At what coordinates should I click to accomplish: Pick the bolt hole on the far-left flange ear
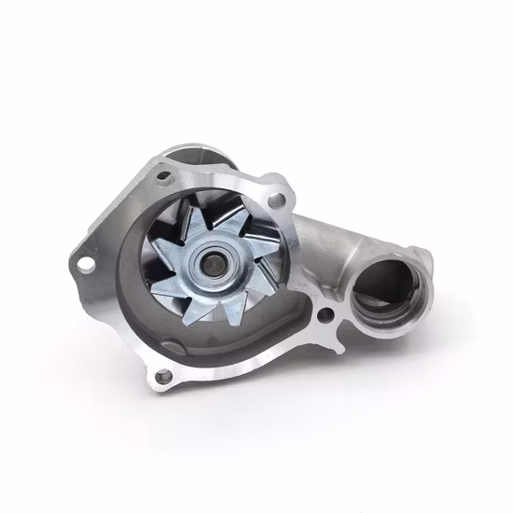[84, 264]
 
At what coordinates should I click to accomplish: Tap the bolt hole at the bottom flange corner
[165, 376]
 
